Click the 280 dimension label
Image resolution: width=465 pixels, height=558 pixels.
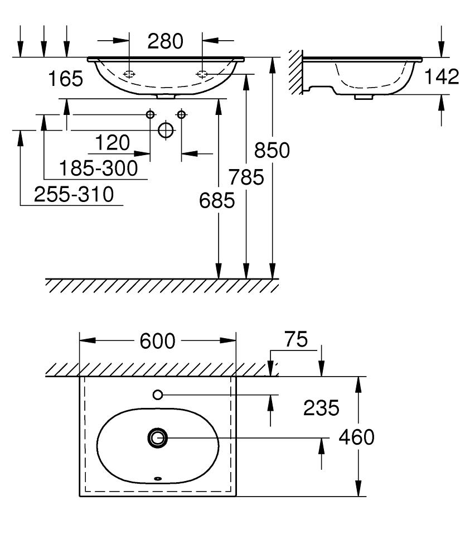click(x=165, y=41)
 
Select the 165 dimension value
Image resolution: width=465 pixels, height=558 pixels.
click(x=65, y=79)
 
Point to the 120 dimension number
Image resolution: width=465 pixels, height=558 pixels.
click(x=112, y=143)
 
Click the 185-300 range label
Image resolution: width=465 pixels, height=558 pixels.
click(x=98, y=169)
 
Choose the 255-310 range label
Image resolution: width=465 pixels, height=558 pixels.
click(x=74, y=194)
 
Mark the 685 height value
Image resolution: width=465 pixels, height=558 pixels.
click(x=217, y=201)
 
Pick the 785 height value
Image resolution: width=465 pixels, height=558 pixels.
click(x=245, y=177)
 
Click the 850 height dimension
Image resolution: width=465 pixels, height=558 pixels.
click(x=272, y=150)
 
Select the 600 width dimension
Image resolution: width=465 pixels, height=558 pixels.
click(x=158, y=341)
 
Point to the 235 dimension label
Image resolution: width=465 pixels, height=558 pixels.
click(x=321, y=408)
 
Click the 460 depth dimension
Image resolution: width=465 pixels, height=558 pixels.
click(x=357, y=437)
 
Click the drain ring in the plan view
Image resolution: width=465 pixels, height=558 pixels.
click(x=157, y=438)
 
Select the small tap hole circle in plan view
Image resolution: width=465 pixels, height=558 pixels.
click(x=157, y=395)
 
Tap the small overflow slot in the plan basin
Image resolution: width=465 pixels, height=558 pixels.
click(x=157, y=478)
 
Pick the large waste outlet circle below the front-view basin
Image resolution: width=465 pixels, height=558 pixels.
click(x=166, y=130)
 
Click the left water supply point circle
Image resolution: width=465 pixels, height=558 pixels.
click(x=150, y=114)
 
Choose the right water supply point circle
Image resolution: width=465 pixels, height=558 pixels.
click(x=181, y=114)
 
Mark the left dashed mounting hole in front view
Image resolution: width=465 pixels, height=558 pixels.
click(x=129, y=74)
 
